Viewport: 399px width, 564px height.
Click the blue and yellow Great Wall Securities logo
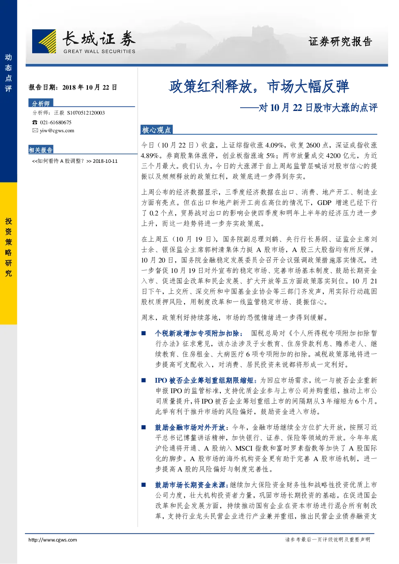(x=44, y=41)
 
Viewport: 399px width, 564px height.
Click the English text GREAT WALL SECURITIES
(x=99, y=51)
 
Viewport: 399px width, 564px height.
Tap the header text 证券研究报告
(x=340, y=41)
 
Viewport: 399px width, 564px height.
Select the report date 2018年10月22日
(x=90, y=87)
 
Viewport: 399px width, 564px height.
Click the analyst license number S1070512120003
(x=86, y=113)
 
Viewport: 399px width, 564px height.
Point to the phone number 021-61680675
(x=56, y=122)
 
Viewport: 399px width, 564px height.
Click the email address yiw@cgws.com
(x=57, y=130)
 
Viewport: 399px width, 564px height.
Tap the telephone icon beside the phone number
(x=35, y=122)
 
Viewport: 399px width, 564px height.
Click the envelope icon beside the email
(x=35, y=130)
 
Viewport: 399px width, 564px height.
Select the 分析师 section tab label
(x=41, y=103)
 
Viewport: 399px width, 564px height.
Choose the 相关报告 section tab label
(x=41, y=150)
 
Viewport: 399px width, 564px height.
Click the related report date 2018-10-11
(x=105, y=161)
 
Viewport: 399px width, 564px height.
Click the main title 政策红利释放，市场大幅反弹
(x=259, y=86)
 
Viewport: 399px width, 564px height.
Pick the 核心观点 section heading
(x=156, y=130)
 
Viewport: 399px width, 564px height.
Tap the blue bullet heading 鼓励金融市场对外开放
(x=190, y=428)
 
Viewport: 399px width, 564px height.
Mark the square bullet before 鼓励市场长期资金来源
(x=144, y=485)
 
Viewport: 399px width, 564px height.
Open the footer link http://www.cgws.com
(x=53, y=540)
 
